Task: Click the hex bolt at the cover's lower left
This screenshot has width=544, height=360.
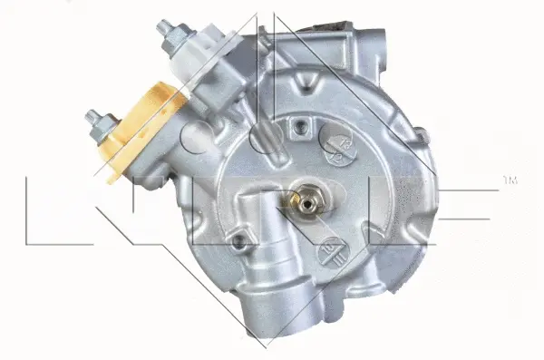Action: [239, 241]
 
